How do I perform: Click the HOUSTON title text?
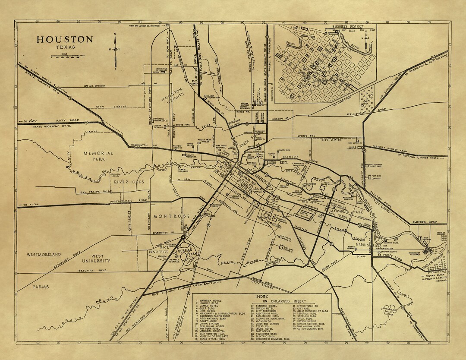tap(64, 39)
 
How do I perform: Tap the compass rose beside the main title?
tap(116, 49)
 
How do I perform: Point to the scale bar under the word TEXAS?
tap(67, 56)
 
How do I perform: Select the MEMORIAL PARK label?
tap(98, 156)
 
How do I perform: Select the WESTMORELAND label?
tap(44, 255)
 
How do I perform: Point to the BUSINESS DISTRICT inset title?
tap(347, 26)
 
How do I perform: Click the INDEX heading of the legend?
tap(261, 297)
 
